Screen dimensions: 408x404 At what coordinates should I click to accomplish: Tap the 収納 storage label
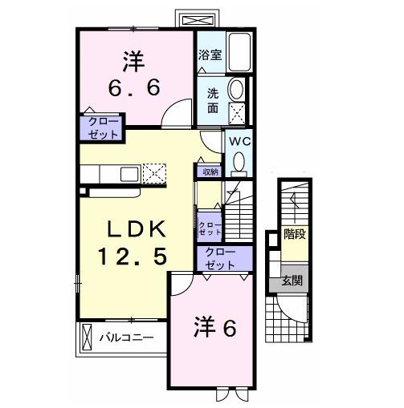210,172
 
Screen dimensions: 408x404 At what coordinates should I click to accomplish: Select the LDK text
133,230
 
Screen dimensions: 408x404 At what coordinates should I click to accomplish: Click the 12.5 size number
133,258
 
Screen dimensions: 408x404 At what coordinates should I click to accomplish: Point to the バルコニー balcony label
128,338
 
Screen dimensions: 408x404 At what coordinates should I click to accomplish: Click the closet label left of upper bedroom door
100,128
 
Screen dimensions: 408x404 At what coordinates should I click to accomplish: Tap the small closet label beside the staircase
210,227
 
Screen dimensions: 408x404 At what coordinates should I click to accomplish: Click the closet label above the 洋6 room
219,258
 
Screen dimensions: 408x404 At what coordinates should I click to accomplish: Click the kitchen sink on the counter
129,173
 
